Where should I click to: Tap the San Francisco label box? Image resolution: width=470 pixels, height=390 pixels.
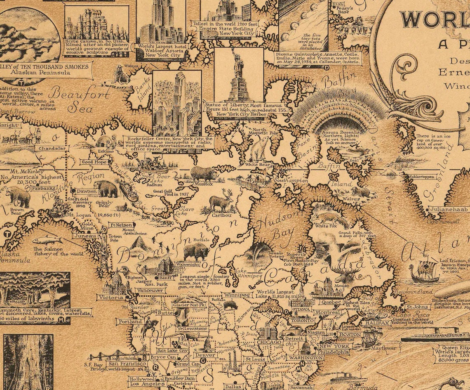pyautogui.click(x=127, y=364)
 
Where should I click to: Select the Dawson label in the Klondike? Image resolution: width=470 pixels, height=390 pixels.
pyautogui.click(x=86, y=191)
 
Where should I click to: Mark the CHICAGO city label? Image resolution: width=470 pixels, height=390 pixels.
pyautogui.click(x=268, y=342)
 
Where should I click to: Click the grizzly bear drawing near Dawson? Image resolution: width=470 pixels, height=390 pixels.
pyautogui.click(x=108, y=189)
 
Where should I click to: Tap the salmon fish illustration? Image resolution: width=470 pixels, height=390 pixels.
pyautogui.click(x=47, y=240)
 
